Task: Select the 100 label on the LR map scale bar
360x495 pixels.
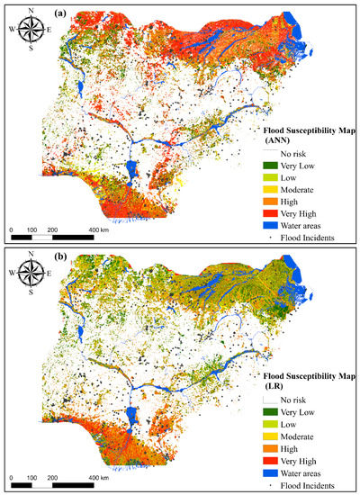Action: point(31,477)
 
